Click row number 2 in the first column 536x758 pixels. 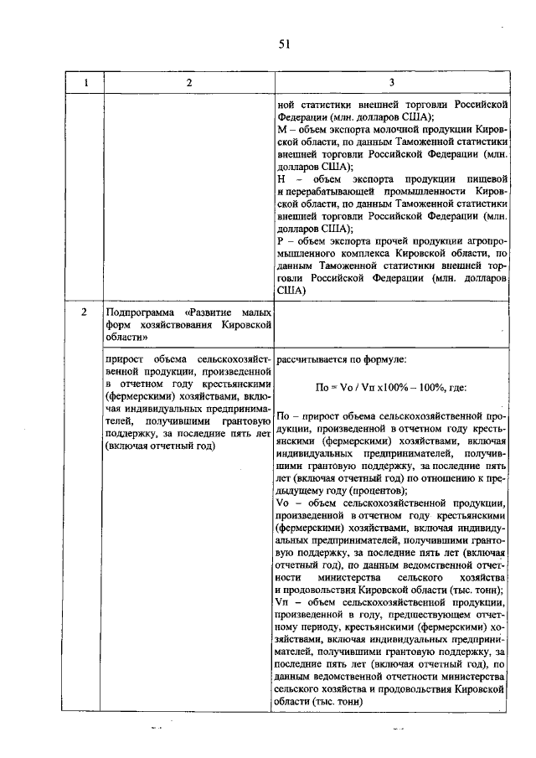(x=85, y=312)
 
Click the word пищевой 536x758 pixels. (x=487, y=178)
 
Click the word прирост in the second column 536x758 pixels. (x=124, y=360)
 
